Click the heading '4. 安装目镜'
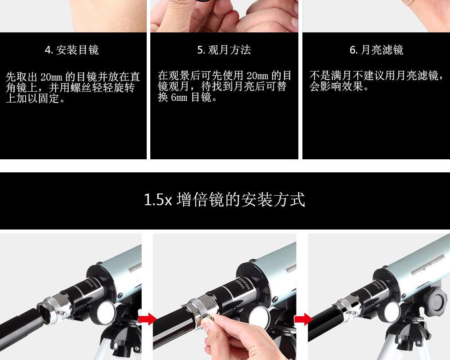[72, 50]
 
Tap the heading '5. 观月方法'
[224, 50]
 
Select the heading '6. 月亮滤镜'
[376, 50]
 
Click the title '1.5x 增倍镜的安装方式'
[224, 199]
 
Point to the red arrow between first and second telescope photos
[148, 319]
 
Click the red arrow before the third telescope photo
[303, 319]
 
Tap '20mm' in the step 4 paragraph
[51, 77]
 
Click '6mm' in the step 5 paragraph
[179, 98]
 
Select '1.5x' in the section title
[157, 199]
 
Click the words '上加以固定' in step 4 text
[33, 98]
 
